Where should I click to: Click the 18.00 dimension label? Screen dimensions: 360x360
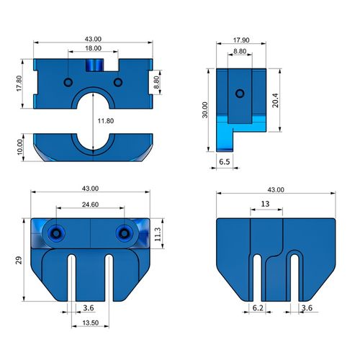click(x=91, y=48)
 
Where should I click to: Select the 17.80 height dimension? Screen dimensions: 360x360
click(x=19, y=84)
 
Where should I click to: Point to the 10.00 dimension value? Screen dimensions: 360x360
click(x=19, y=148)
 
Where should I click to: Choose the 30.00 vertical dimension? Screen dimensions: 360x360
click(x=205, y=109)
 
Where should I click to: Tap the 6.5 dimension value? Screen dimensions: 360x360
click(x=224, y=163)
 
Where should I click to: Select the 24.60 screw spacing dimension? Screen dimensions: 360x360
click(x=90, y=205)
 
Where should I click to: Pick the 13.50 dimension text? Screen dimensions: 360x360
click(x=90, y=323)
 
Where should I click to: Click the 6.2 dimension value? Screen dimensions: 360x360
click(x=258, y=308)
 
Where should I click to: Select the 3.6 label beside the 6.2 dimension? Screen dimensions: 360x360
click(x=307, y=308)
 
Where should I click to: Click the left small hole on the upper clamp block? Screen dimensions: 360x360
click(x=68, y=82)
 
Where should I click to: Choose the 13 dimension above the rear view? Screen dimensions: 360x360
click(x=266, y=204)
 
